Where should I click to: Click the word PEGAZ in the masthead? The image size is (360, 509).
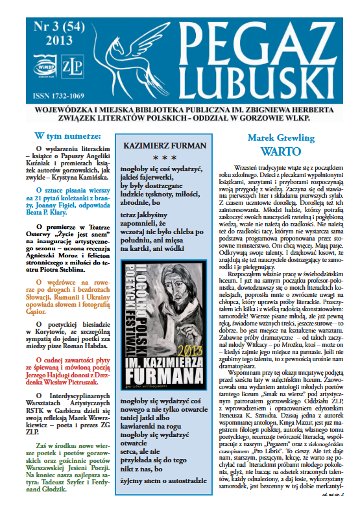click(272, 33)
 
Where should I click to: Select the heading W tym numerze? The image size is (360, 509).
click(68, 137)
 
